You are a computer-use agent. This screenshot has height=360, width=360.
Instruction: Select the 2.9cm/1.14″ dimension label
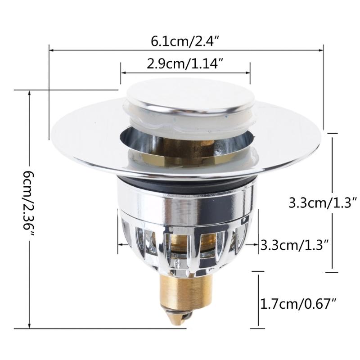click(x=185, y=63)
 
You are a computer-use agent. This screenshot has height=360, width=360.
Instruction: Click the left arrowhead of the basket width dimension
click(x=120, y=244)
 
